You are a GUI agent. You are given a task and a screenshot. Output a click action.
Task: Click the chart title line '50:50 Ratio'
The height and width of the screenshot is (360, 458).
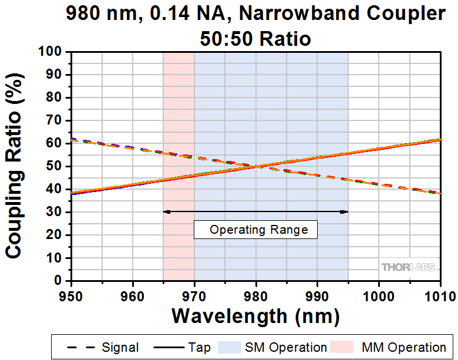click(x=255, y=39)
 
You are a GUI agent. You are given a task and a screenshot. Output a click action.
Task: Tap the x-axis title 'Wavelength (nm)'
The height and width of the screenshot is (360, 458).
click(x=255, y=316)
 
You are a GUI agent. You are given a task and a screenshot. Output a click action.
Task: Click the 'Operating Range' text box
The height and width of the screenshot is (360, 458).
click(x=255, y=230)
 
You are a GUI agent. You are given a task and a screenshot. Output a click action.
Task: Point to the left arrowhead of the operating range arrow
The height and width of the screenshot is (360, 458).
click(x=166, y=211)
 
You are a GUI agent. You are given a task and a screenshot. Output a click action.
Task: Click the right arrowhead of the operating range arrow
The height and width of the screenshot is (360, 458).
click(x=346, y=211)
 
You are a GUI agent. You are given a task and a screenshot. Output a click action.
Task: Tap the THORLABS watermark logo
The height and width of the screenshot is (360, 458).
click(x=409, y=267)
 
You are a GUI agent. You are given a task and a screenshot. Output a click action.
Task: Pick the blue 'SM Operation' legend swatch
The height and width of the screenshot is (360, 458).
click(x=231, y=347)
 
